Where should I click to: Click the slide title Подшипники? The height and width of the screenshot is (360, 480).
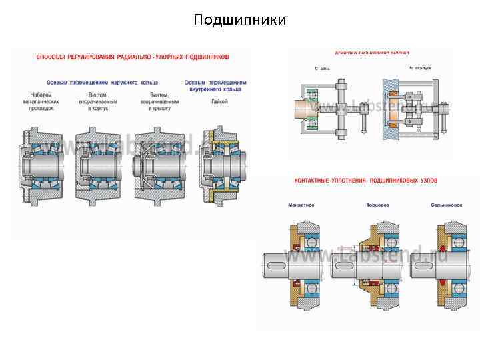point(239,20)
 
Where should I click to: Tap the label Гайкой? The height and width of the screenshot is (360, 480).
point(219,101)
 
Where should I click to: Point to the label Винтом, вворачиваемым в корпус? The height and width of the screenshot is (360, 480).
point(99,101)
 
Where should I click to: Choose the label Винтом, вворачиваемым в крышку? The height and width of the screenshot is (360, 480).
point(159,101)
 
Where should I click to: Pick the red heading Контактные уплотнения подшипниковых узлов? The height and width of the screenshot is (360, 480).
point(371,181)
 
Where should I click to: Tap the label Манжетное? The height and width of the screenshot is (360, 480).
point(301,205)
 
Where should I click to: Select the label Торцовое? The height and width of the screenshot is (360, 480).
point(377,205)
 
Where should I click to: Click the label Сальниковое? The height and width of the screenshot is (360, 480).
point(446,205)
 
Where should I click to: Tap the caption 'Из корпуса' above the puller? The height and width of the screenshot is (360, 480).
point(419,68)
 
